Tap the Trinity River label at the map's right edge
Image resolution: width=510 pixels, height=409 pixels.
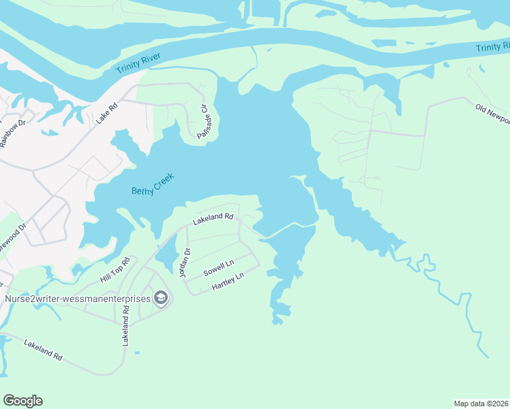[492, 47]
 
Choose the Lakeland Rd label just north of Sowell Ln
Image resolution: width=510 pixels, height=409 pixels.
[213, 219]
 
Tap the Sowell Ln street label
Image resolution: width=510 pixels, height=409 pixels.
[219, 268]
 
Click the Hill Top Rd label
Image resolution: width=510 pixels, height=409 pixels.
[115, 271]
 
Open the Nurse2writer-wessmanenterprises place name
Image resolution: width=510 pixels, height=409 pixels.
[77, 298]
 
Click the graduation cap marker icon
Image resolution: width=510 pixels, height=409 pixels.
[161, 298]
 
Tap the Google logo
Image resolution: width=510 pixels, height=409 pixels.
[22, 401]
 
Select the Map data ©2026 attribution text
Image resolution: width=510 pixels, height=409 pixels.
[481, 403]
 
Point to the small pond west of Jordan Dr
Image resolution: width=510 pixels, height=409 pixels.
[166, 256]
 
